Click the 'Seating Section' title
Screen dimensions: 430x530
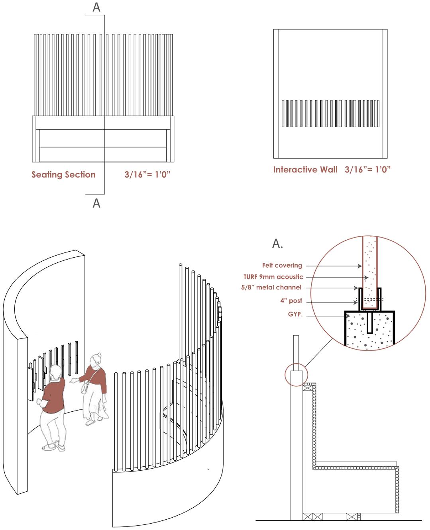click(63, 174)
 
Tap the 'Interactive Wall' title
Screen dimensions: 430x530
click(305, 170)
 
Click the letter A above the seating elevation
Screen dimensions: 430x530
click(96, 8)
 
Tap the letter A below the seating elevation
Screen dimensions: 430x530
click(96, 203)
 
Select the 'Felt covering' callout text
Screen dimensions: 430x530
click(282, 265)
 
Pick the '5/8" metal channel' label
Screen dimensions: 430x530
click(276, 287)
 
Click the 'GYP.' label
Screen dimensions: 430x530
click(295, 314)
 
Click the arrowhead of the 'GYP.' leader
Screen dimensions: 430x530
click(349, 317)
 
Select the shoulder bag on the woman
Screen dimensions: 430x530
click(85, 388)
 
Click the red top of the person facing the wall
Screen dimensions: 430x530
click(55, 394)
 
